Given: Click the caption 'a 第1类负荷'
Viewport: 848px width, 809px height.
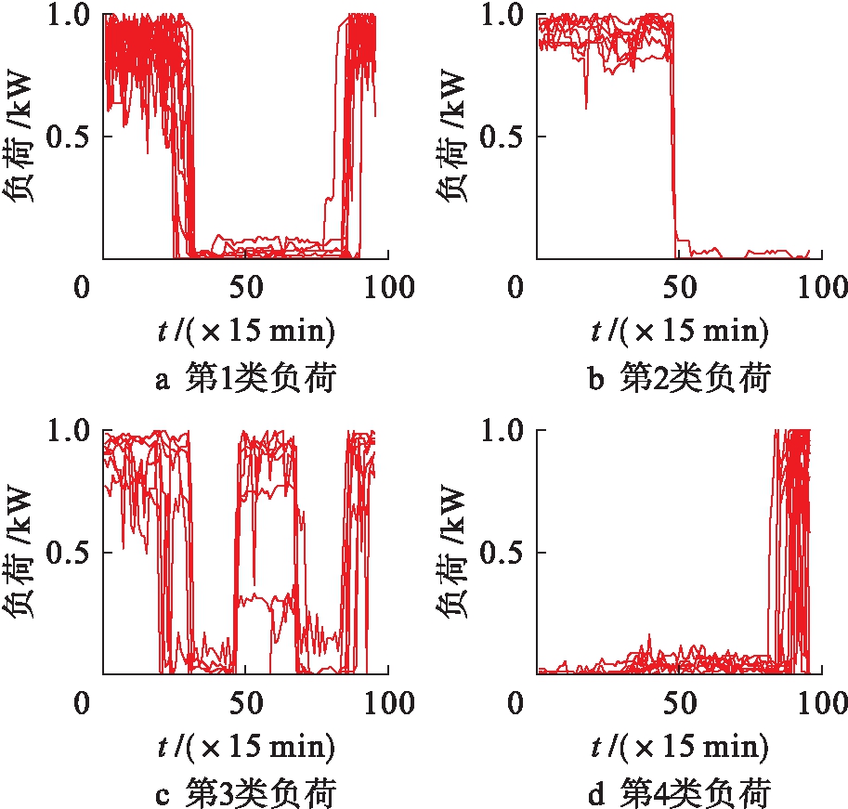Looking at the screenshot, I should pyautogui.click(x=245, y=379).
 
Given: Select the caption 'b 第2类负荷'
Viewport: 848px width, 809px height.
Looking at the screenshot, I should pyautogui.click(x=681, y=379).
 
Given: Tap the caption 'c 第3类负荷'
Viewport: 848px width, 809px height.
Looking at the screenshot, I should pyautogui.click(x=245, y=795).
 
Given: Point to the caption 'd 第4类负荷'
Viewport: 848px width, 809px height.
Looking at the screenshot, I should pyautogui.click(x=681, y=795).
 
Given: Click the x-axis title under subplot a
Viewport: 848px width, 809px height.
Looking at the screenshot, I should pyautogui.click(x=245, y=331).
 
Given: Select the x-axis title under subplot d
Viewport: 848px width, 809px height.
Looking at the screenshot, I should pyautogui.click(x=681, y=747).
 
